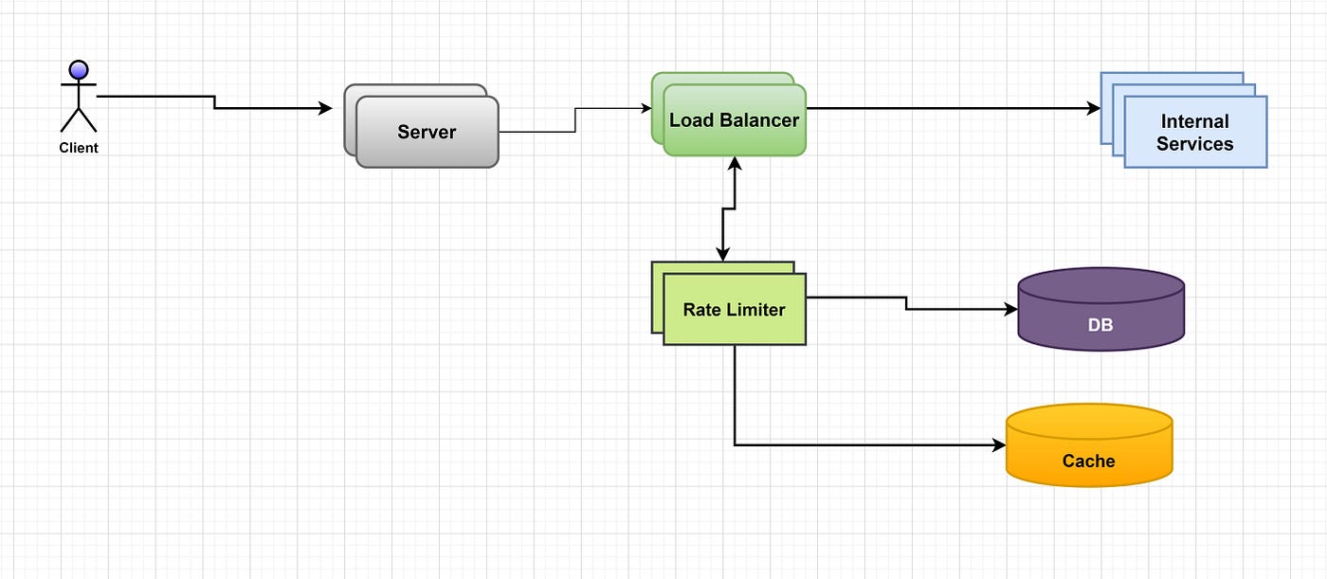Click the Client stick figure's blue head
coord(79,69)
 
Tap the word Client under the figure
coord(79,148)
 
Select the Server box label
coord(427,132)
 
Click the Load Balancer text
coord(734,120)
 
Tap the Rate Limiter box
coord(734,309)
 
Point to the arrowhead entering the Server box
coord(325,109)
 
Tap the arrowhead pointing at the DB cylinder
coord(1010,310)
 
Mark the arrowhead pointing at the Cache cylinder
coord(998,444)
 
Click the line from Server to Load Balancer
coord(574,120)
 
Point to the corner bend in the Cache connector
coord(735,444)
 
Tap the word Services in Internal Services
coord(1194,144)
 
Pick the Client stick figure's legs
coord(79,119)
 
